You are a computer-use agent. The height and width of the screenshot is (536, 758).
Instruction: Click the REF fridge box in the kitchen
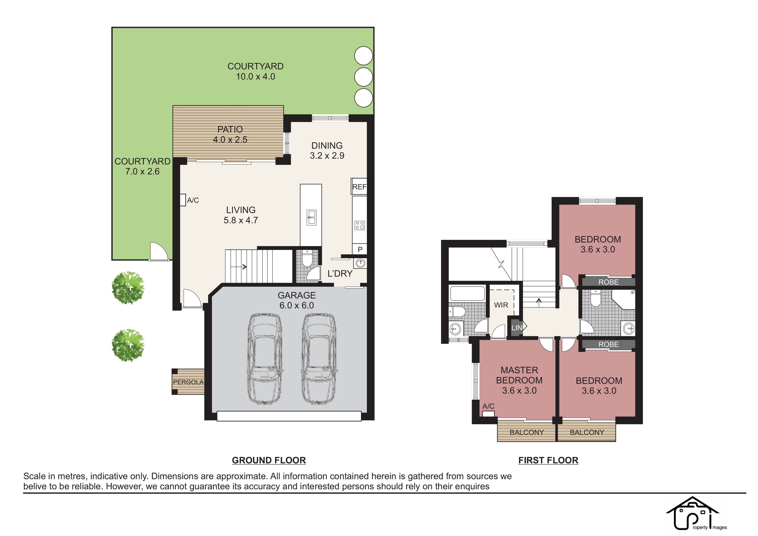click(x=359, y=187)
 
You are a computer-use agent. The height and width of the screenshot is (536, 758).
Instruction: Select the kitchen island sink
click(x=311, y=218)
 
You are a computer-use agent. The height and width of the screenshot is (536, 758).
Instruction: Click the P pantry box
click(x=360, y=249)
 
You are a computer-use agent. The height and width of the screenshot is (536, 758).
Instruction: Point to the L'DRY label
click(x=340, y=273)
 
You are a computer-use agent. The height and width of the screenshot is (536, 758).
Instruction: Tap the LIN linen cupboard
click(x=517, y=327)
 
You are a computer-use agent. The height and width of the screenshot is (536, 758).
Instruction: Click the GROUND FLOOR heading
click(x=269, y=460)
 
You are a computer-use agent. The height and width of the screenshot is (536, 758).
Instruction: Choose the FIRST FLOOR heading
click(x=548, y=460)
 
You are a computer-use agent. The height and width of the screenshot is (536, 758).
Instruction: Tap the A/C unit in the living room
click(x=183, y=200)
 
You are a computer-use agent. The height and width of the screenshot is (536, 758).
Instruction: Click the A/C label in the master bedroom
click(x=488, y=406)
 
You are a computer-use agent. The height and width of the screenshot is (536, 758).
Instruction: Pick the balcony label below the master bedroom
click(x=527, y=432)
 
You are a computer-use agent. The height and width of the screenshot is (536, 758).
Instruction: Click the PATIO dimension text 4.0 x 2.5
click(x=230, y=140)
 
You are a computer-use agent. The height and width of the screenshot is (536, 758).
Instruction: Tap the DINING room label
click(x=327, y=145)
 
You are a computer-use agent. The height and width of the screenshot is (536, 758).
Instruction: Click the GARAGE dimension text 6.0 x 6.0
click(x=296, y=305)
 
